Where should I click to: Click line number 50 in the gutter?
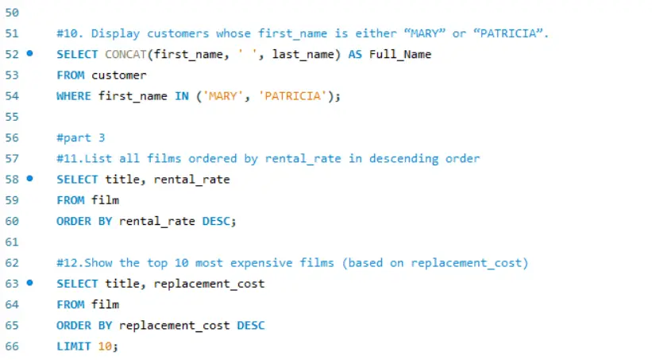12,13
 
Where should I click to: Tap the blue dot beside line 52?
29,53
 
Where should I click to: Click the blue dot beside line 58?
29,179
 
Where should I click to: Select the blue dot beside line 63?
29,283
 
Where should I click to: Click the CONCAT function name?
125,55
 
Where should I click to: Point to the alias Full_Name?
400,55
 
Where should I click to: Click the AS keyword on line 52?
355,55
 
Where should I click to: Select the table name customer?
119,75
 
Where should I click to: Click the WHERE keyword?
74,96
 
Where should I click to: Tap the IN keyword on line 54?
182,96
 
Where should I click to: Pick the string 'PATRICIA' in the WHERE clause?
292,96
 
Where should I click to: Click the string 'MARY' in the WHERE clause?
223,96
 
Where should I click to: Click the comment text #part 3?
81,137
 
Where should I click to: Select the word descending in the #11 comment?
403,159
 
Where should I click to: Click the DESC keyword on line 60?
216,221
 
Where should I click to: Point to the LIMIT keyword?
74,346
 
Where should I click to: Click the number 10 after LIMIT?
105,346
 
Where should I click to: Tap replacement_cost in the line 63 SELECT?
209,284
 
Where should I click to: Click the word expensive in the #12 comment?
261,263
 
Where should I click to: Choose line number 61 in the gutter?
12,242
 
